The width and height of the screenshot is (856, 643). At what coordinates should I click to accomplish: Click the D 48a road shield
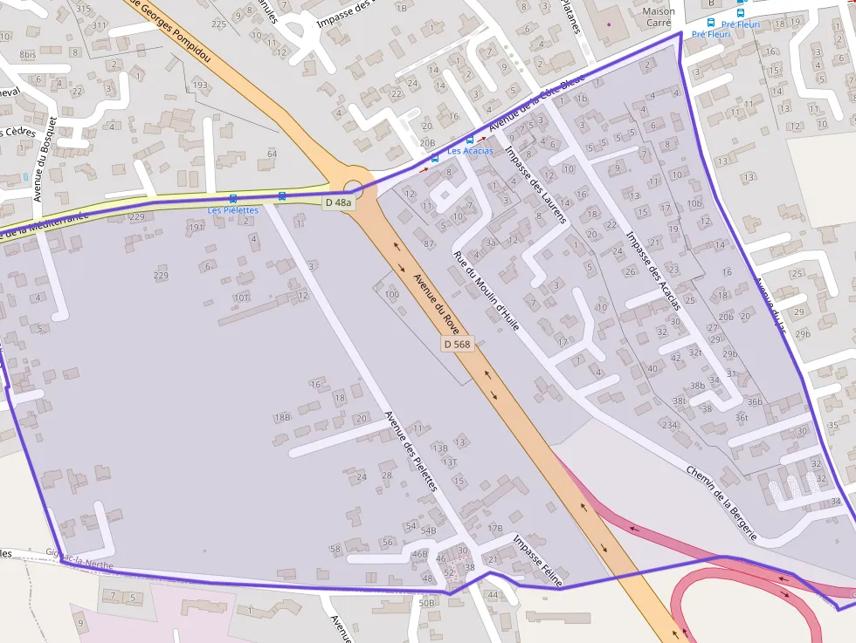[339, 202]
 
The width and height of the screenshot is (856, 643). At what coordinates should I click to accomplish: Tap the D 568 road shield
[457, 344]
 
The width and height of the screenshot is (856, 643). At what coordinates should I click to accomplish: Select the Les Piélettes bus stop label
[232, 210]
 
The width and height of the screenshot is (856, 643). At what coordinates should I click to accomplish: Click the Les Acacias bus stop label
[470, 151]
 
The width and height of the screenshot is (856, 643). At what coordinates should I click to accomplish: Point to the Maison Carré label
[658, 17]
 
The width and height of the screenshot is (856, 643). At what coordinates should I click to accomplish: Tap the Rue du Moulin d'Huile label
[487, 291]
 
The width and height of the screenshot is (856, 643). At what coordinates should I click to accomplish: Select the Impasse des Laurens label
[536, 184]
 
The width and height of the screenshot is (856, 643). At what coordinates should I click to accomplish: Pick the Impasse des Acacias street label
[653, 271]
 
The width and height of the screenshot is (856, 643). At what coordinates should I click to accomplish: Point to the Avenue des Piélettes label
[410, 451]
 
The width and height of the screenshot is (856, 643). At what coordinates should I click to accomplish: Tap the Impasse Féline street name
[538, 560]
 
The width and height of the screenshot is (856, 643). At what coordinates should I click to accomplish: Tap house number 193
[201, 85]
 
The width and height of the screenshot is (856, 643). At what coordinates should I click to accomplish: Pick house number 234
[669, 425]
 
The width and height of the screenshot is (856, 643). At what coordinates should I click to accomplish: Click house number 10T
[242, 297]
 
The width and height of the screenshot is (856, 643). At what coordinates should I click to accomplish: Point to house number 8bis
[27, 54]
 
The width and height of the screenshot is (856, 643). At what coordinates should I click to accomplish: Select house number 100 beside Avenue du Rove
[391, 295]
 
